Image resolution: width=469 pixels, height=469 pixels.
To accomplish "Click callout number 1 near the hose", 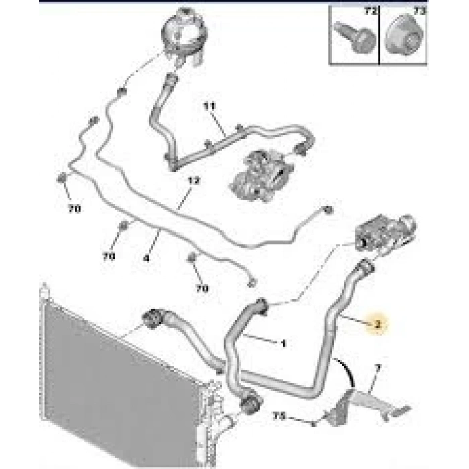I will tap(283, 343).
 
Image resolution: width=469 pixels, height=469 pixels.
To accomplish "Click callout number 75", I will tap(279, 417).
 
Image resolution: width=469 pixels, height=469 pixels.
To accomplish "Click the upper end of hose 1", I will tap(261, 306).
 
